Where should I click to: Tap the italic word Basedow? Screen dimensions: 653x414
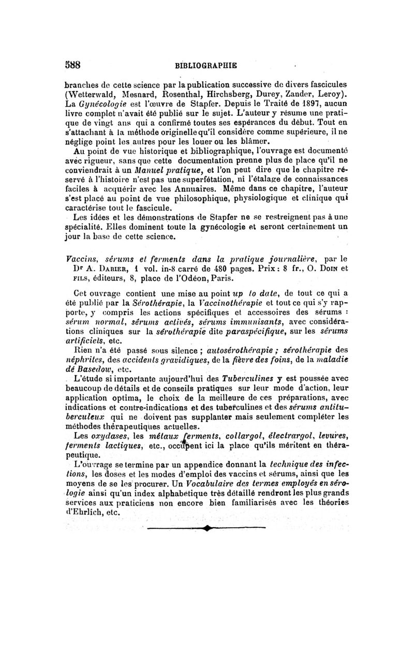coord(94,370)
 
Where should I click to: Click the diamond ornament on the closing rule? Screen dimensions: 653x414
coord(207,528)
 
